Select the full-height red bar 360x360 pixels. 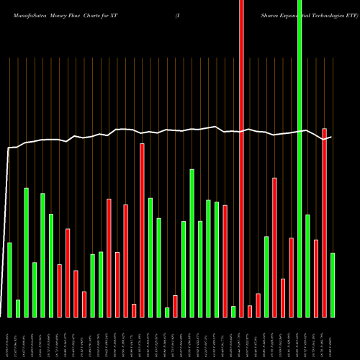click(x=241, y=158)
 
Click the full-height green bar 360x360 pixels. click(x=300, y=158)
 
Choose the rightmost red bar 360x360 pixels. click(x=324, y=222)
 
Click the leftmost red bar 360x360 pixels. click(x=60, y=290)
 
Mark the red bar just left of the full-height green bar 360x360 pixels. click(x=291, y=277)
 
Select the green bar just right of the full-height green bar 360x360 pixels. click(x=307, y=266)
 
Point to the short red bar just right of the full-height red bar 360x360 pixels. click(x=250, y=311)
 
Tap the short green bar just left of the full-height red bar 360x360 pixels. click(x=233, y=311)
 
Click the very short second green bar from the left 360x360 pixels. click(x=18, y=308)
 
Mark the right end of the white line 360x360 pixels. click(x=331, y=137)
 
